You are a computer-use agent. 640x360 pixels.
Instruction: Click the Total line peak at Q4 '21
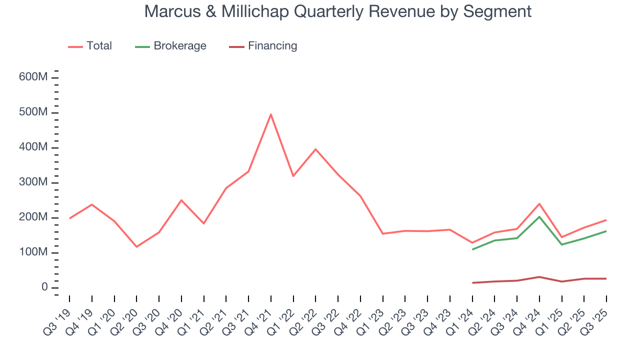pos(270,114)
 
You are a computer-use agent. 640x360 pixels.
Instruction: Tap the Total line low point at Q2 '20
pos(136,246)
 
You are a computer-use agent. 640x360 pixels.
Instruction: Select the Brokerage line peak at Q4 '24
pos(539,216)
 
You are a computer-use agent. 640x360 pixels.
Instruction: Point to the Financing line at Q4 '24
pos(539,276)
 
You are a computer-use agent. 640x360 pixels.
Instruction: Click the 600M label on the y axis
pos(34,77)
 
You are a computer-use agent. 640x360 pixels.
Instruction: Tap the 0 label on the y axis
pos(44,287)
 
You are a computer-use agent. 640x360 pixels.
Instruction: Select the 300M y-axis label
pos(34,182)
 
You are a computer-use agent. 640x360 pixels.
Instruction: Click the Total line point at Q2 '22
pos(315,149)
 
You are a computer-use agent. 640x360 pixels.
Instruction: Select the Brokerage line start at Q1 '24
pos(472,249)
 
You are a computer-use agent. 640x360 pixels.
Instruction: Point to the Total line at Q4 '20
pos(181,200)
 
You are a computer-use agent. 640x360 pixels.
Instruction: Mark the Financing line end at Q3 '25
pos(606,278)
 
